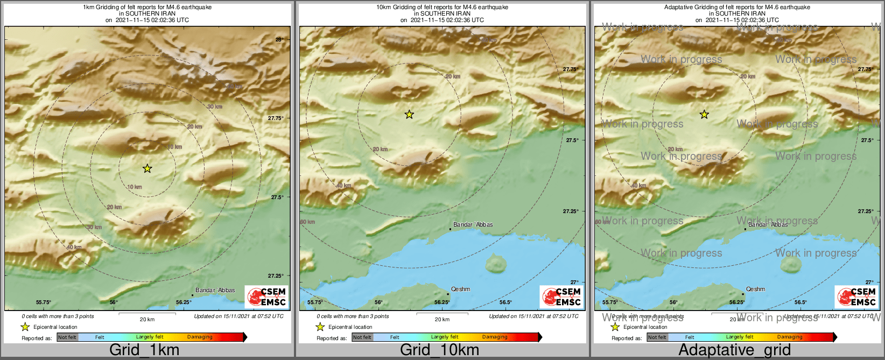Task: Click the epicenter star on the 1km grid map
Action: [x=147, y=169]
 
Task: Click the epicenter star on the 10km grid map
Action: [x=409, y=114]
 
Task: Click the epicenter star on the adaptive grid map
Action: [x=704, y=114]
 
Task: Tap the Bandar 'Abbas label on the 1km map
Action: [x=215, y=290]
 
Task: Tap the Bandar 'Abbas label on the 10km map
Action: [x=473, y=224]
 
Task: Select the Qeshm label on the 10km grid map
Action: [x=460, y=289]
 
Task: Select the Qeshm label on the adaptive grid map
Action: [x=755, y=289]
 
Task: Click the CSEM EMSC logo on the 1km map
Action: [x=266, y=297]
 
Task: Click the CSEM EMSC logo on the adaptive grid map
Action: [x=856, y=297]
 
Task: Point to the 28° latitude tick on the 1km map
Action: [x=279, y=39]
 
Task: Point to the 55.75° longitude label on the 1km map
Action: [x=44, y=302]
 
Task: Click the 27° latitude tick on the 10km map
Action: [x=575, y=282]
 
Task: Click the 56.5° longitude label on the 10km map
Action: [x=505, y=302]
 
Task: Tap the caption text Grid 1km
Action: [x=144, y=350]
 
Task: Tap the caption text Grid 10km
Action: [x=439, y=350]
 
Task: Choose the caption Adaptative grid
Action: [x=734, y=350]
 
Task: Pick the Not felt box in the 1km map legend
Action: [x=67, y=337]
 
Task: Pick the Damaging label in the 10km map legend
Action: [x=495, y=337]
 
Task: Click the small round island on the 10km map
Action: [x=496, y=264]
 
